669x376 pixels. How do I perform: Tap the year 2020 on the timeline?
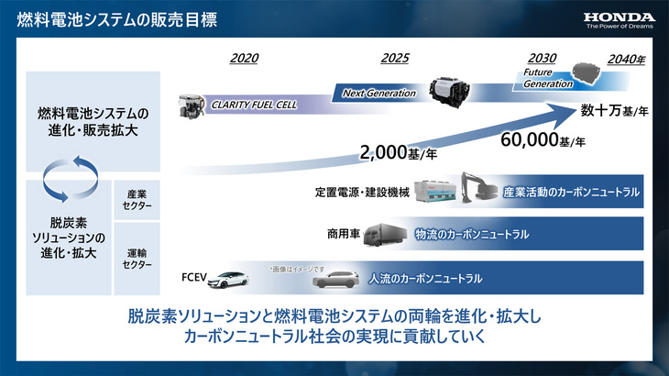tap(244, 59)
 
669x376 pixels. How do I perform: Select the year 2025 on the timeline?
tap(394, 59)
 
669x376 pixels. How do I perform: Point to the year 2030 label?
tap(543, 59)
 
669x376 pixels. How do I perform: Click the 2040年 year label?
tap(626, 60)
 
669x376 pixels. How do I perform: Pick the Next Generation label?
tap(379, 93)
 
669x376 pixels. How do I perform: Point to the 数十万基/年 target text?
tap(611, 112)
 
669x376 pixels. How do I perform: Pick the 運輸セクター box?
tap(136, 258)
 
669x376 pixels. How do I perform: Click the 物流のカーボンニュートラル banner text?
tap(471, 235)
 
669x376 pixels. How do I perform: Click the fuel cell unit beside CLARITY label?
tap(193, 104)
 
